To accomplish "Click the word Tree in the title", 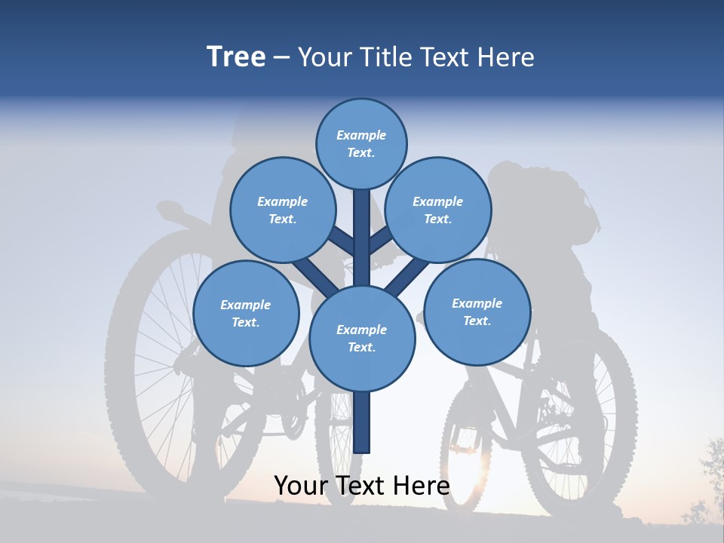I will (x=236, y=57).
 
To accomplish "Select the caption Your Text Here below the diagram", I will (x=362, y=486).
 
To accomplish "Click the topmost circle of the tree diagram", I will (x=361, y=143).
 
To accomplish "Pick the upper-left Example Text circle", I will (x=283, y=210).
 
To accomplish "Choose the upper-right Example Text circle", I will (x=438, y=210).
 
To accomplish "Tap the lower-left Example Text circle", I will (x=246, y=313).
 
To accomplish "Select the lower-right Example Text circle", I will (x=477, y=311).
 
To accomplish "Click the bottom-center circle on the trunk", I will (x=362, y=338).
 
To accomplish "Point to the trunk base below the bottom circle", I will (x=362, y=422).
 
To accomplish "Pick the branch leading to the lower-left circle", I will (x=316, y=278).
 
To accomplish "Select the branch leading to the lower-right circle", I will (x=408, y=278).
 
